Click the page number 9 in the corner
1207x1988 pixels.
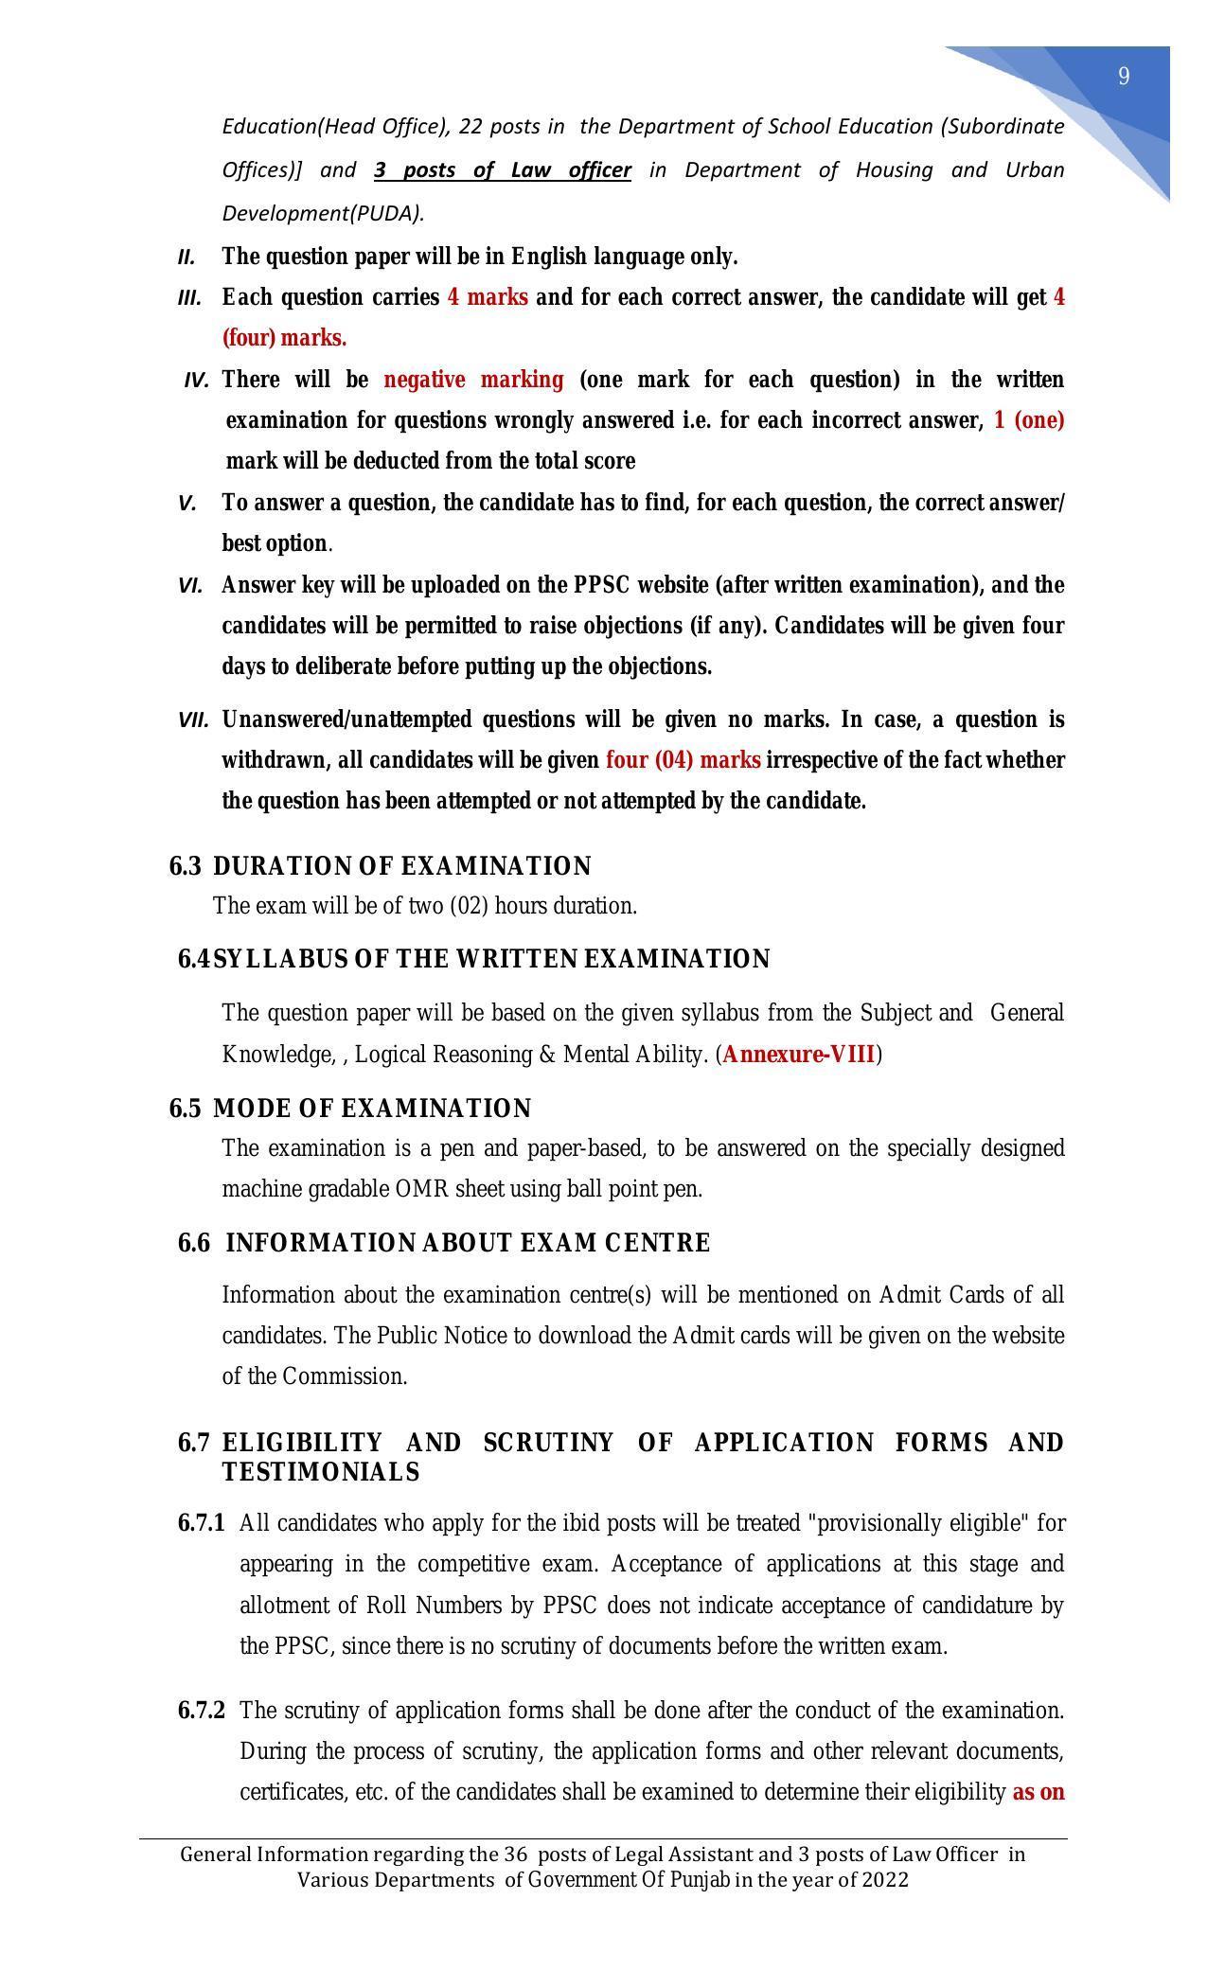(1124, 77)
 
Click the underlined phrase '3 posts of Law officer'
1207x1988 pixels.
(502, 170)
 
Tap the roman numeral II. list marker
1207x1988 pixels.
(186, 257)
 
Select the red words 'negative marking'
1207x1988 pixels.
(472, 380)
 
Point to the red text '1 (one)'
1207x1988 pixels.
(1029, 420)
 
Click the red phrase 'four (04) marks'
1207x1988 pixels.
(683, 760)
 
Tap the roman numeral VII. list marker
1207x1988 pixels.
(192, 720)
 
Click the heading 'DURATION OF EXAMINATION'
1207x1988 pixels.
(401, 866)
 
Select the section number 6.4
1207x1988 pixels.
(193, 959)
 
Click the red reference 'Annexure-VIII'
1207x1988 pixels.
(798, 1055)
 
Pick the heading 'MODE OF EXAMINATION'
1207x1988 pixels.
(372, 1109)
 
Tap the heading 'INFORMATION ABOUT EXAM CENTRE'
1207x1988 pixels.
(468, 1243)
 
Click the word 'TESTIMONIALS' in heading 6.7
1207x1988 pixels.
(320, 1472)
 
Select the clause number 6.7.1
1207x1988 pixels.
(201, 1523)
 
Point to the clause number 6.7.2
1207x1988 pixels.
(201, 1711)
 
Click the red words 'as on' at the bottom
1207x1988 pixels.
(1038, 1792)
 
